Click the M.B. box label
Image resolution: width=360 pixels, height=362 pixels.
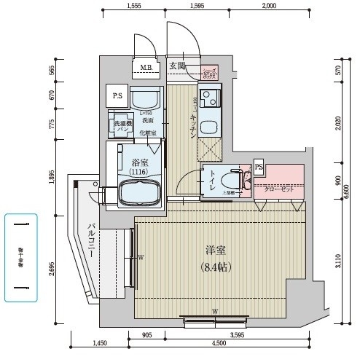[x=146, y=69]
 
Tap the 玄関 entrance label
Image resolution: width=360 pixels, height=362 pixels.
[x=177, y=66]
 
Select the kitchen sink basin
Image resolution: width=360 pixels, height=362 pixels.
[x=210, y=125]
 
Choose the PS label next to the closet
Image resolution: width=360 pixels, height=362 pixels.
[x=259, y=166]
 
